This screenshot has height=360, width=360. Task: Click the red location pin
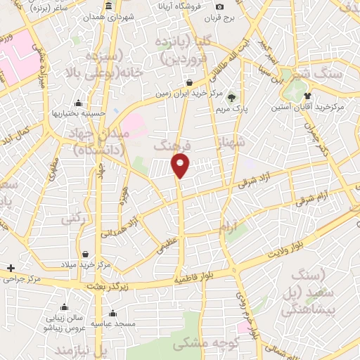tap(181, 165)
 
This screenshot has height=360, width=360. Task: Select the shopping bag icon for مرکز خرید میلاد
tap(84, 254)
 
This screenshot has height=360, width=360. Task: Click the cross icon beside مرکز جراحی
tap(11, 268)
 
